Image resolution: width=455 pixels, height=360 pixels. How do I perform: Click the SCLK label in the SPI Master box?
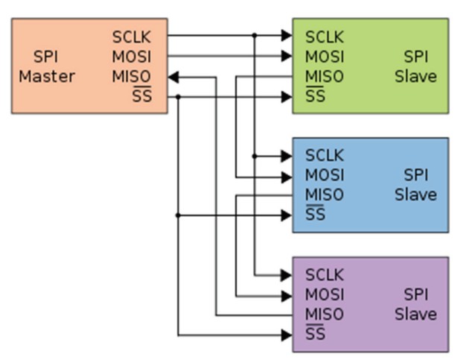tap(132, 37)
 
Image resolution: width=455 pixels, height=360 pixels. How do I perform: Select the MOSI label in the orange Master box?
tap(132, 57)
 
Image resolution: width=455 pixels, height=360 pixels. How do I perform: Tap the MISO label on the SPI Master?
tap(132, 77)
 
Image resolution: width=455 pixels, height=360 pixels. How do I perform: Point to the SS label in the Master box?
tap(141, 97)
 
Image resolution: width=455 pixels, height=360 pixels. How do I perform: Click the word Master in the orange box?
tap(47, 77)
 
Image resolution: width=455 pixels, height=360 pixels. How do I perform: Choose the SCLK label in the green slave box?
tap(325, 37)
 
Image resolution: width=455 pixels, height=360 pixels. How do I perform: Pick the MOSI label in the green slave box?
tap(325, 57)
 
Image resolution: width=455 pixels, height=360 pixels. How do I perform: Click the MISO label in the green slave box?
tap(325, 77)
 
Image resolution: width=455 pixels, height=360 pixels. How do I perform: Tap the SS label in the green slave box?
tap(315, 97)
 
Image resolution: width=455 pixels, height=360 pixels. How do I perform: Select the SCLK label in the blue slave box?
tap(325, 156)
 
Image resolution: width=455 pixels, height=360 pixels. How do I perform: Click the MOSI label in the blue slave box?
tap(325, 176)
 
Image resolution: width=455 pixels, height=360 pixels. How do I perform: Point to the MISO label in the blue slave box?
tap(325, 195)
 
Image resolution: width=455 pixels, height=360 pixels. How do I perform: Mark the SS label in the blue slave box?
tap(315, 215)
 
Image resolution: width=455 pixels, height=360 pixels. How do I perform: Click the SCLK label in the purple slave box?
tap(325, 275)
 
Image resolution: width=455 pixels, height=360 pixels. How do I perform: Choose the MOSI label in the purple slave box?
tap(325, 295)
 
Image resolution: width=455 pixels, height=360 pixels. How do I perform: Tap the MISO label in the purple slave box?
tap(325, 315)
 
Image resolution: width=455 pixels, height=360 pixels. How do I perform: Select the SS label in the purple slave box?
tap(315, 335)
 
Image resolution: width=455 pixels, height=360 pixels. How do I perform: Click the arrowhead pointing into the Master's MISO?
tap(173, 77)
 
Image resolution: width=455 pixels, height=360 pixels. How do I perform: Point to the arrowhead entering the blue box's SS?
tap(287, 215)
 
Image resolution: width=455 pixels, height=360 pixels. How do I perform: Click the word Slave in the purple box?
tap(416, 315)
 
